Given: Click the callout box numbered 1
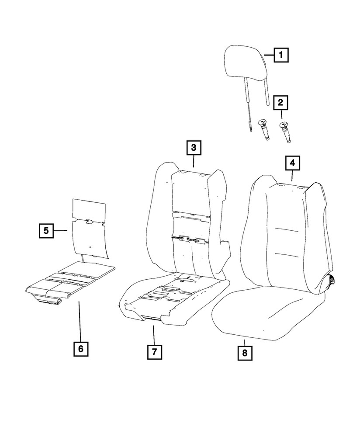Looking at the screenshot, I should (281, 55).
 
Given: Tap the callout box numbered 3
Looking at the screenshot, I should (193, 148).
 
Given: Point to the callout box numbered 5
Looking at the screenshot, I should (46, 230).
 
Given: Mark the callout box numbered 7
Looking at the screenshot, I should (155, 351).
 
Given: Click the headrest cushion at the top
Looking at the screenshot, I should (246, 66).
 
